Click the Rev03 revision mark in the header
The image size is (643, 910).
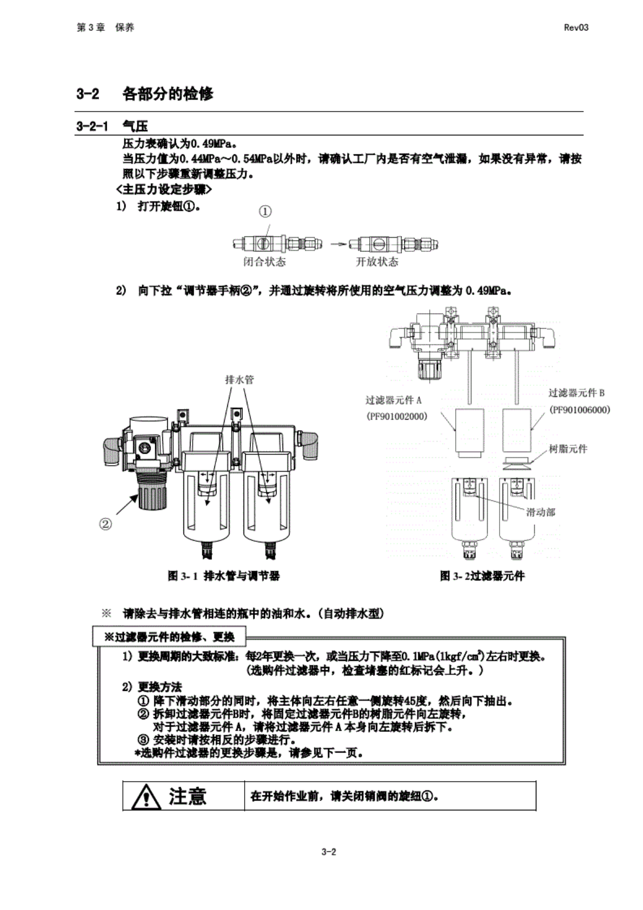576,28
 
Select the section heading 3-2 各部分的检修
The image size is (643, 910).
145,94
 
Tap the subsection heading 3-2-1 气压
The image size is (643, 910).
112,126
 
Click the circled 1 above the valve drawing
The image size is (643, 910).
265,212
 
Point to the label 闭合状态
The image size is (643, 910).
264,262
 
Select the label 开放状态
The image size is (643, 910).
377,262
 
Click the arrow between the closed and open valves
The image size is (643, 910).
338,244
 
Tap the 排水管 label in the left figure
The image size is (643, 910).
240,379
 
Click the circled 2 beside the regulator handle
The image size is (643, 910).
106,523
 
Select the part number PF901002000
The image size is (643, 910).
396,416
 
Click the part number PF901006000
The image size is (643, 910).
579,410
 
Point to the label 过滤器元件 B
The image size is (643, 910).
576,393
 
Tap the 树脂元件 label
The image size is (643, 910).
568,449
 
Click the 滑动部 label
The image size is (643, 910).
541,512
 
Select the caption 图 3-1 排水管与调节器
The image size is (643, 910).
224,576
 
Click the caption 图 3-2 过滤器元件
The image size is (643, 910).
482,576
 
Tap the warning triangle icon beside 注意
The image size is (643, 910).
146,797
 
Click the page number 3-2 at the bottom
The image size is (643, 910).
329,852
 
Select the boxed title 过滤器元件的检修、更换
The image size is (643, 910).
169,637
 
